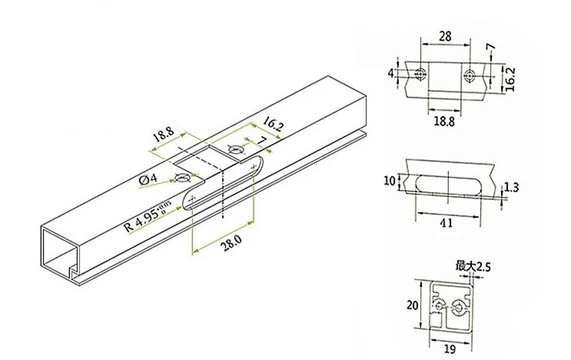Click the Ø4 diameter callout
click(148, 179)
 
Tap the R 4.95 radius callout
click(148, 218)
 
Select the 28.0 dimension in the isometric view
click(232, 243)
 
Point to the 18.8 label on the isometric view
click(163, 134)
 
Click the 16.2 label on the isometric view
click(273, 124)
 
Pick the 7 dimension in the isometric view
click(261, 140)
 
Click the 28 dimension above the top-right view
click(445, 36)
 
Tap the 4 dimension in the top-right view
click(390, 74)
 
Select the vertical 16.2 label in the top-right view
click(510, 79)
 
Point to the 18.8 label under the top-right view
click(444, 121)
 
